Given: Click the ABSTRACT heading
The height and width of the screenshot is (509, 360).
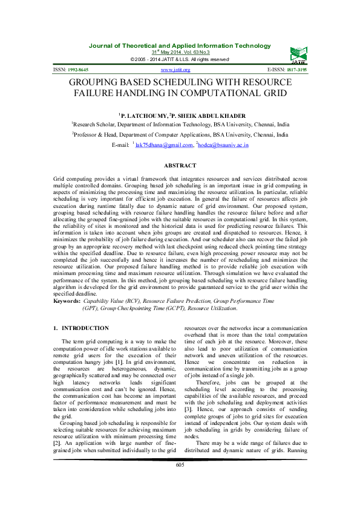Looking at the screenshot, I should (180, 166).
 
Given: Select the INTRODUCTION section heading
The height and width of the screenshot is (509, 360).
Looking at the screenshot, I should (85, 328).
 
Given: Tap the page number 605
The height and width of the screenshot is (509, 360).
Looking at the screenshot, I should (180, 482).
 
